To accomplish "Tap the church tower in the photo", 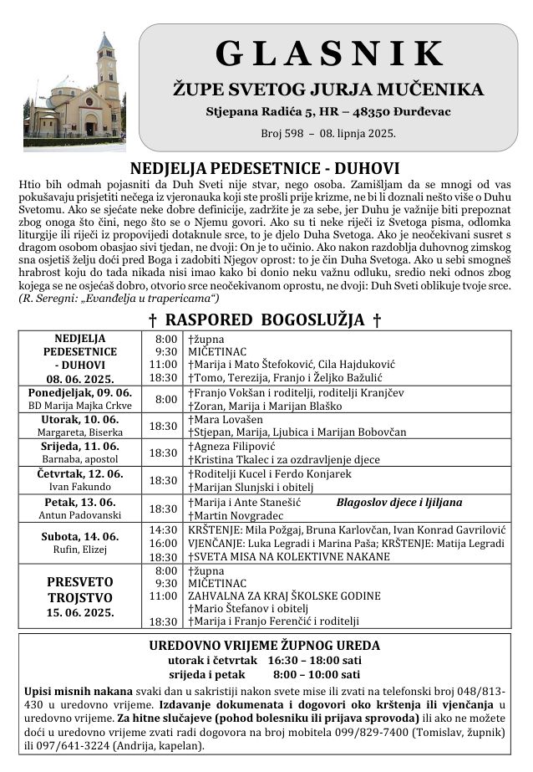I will pos(106,71).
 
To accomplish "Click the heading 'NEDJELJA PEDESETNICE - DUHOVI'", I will pos(265,166).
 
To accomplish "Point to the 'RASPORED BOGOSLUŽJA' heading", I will pos(265,320).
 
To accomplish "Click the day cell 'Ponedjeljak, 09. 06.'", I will pos(80,392).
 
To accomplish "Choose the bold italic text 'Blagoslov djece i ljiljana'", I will pos(398,503).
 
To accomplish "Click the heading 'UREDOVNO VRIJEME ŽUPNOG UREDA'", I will pos(264,646).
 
